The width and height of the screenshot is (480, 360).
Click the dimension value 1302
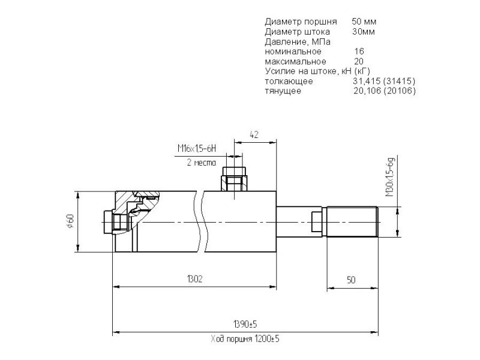click(194, 279)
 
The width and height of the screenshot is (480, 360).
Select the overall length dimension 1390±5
click(245, 324)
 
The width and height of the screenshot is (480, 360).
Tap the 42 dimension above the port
click(254, 134)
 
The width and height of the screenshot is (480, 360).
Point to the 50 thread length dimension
click(351, 280)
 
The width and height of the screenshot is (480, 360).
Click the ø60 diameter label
click(70, 221)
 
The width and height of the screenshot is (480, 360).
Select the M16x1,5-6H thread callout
click(197, 149)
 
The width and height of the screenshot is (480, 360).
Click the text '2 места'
click(201, 162)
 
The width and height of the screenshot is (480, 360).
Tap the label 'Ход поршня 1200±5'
click(245, 339)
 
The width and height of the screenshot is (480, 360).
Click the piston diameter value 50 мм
click(364, 22)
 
